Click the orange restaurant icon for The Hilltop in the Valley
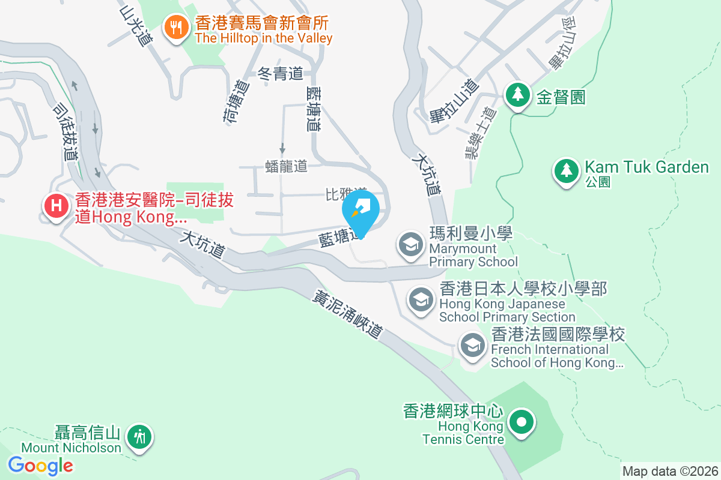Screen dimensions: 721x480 pyautogui.click(x=175, y=27)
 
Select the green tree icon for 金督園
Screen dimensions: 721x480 pyautogui.click(x=516, y=94)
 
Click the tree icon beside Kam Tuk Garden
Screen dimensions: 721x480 pyautogui.click(x=565, y=170)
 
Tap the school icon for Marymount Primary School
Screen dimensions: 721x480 pyautogui.click(x=411, y=244)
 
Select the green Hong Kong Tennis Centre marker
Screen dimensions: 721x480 pyautogui.click(x=521, y=421)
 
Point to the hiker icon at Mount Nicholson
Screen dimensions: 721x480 pyautogui.click(x=141, y=436)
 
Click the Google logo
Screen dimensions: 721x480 pyautogui.click(x=41, y=465)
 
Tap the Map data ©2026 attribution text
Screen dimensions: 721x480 pyautogui.click(x=669, y=471)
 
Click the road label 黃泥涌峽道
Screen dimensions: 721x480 pyautogui.click(x=348, y=314)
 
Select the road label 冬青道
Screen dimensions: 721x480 pyautogui.click(x=280, y=74)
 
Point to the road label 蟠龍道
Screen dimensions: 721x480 pyautogui.click(x=287, y=166)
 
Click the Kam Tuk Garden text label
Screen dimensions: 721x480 pyautogui.click(x=646, y=167)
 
